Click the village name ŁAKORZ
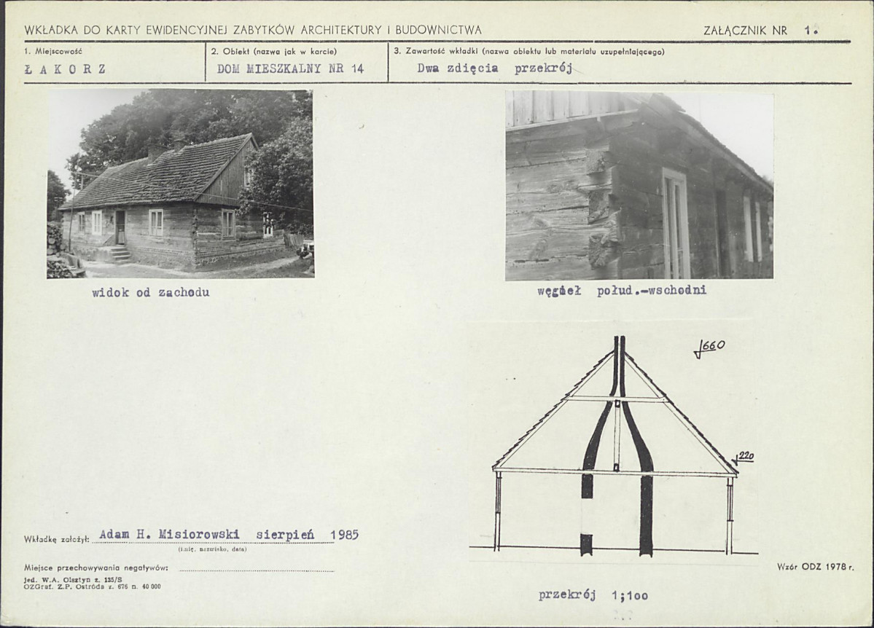(x=65, y=70)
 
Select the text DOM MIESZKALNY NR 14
(x=290, y=68)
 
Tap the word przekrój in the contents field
(x=543, y=68)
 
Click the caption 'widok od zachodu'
(x=150, y=293)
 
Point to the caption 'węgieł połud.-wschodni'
(x=622, y=290)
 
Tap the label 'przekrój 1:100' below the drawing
(x=593, y=595)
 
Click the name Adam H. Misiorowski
(x=169, y=535)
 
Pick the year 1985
(x=345, y=535)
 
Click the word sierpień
(x=285, y=535)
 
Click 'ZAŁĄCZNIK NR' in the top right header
(x=745, y=31)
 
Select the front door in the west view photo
(x=120, y=227)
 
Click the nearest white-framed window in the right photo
(x=676, y=224)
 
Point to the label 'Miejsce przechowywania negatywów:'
(x=96, y=568)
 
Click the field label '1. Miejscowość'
(x=53, y=51)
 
